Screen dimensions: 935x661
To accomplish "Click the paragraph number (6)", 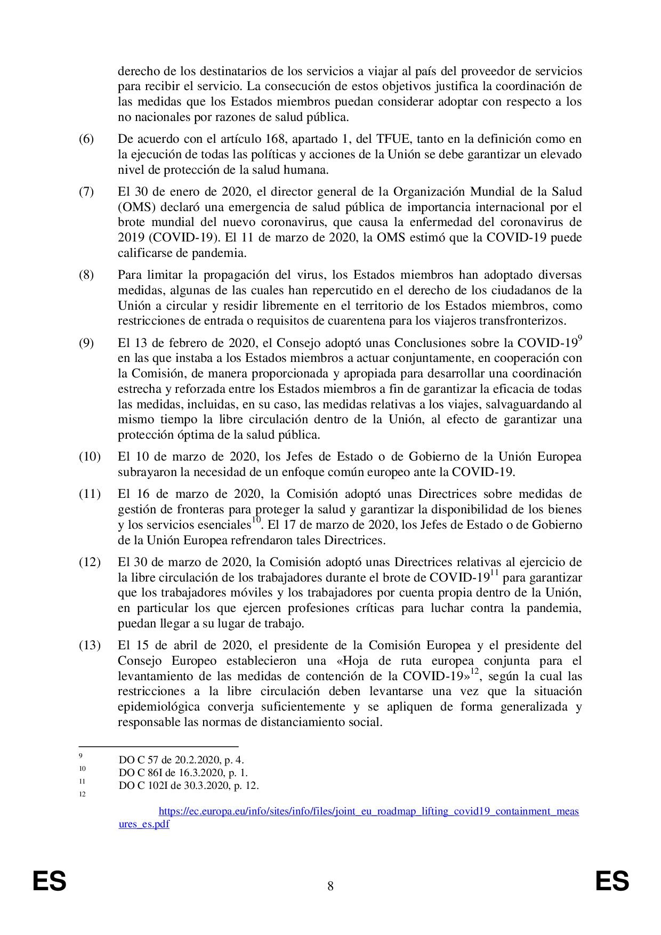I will pyautogui.click(x=86, y=140).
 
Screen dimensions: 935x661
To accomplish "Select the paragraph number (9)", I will pyautogui.click(x=86, y=343).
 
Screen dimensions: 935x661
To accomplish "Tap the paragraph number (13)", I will pyautogui.click(x=90, y=646).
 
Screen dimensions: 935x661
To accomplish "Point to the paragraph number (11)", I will pyautogui.click(x=90, y=494).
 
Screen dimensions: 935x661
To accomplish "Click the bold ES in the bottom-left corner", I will pyautogui.click(x=49, y=881).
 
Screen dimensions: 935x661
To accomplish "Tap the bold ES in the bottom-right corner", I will pyautogui.click(x=612, y=881).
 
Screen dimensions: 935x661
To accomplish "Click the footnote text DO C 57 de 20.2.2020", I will pyautogui.click(x=181, y=760).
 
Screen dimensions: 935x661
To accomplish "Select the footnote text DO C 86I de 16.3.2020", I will pyautogui.click(x=183, y=772).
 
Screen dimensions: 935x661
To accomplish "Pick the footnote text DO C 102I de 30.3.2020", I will pyautogui.click(x=189, y=785).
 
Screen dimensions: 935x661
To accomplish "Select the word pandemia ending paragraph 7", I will pyautogui.click(x=224, y=252).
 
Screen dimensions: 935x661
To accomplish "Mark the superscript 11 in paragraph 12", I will pyautogui.click(x=494, y=574).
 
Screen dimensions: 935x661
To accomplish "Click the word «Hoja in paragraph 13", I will pyautogui.click(x=357, y=661).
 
